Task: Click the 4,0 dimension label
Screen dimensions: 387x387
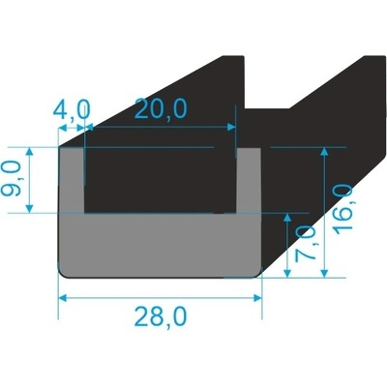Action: tap(74, 112)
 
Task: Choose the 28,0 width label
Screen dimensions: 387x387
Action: tap(162, 316)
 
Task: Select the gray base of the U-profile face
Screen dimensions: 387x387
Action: tap(160, 247)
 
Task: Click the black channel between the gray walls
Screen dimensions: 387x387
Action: tap(160, 179)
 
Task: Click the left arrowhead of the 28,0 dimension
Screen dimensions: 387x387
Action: tap(64, 297)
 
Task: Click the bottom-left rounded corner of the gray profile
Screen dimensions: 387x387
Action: tap(66, 274)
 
